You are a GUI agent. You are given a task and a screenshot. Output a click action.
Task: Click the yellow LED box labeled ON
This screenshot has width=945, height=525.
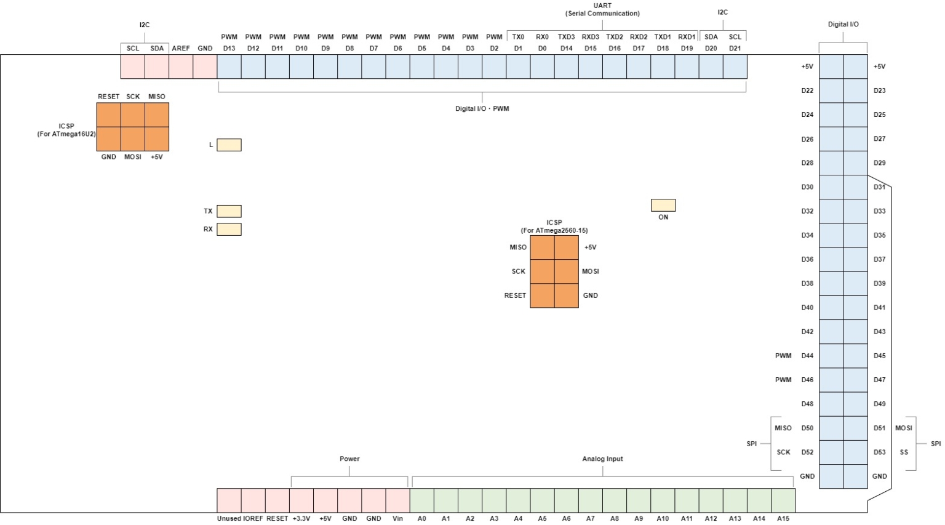(x=663, y=205)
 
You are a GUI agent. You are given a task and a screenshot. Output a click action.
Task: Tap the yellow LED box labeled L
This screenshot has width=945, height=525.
(x=229, y=145)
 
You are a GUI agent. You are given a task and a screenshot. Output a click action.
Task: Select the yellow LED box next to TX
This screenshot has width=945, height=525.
(x=229, y=211)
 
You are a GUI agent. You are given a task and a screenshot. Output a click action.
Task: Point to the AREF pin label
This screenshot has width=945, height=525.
(x=181, y=48)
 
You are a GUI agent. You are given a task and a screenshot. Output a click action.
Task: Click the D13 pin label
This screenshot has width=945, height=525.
(x=229, y=48)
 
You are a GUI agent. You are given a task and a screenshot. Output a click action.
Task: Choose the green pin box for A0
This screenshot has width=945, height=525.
(x=422, y=500)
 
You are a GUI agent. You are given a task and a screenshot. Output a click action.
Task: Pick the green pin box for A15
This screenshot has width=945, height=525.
(x=783, y=500)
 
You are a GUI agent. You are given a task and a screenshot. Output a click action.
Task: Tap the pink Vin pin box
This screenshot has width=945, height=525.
(x=397, y=500)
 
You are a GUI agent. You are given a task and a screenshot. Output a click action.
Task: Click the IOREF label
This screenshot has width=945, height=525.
(x=253, y=518)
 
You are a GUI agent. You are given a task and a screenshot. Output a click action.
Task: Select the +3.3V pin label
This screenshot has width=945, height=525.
(x=301, y=518)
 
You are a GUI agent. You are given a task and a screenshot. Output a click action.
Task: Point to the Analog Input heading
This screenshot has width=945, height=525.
(x=602, y=459)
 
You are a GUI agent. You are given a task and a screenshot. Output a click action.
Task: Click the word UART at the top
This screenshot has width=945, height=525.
(x=602, y=6)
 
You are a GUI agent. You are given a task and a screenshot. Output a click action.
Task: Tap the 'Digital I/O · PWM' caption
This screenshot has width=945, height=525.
(x=482, y=108)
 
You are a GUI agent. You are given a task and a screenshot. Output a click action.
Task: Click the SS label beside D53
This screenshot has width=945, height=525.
(x=904, y=452)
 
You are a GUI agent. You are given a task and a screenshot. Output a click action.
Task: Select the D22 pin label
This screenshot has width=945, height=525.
(x=807, y=90)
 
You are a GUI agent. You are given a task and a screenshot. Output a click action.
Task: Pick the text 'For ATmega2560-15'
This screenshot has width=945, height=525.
(x=554, y=230)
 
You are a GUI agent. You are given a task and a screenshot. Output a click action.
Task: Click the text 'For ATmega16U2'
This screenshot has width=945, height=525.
(x=66, y=134)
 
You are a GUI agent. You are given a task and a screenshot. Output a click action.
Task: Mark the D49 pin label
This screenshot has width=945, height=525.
(x=880, y=404)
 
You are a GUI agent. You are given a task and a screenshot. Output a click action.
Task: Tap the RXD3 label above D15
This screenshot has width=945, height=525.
(x=590, y=37)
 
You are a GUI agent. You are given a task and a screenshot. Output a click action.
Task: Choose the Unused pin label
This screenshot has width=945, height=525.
(x=229, y=518)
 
